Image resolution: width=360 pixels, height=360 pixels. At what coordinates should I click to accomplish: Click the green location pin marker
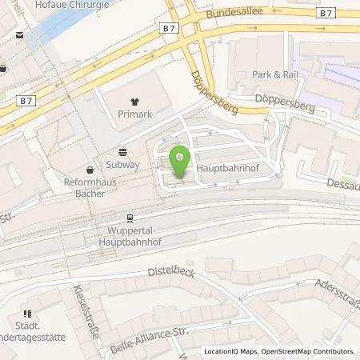point(180,160)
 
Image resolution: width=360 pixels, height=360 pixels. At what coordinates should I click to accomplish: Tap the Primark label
point(134,114)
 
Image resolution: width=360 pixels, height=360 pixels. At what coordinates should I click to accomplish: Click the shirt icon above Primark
point(134,102)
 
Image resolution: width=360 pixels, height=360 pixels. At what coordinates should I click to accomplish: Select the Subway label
point(123,164)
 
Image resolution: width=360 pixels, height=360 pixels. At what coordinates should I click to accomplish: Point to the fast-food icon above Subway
point(123,152)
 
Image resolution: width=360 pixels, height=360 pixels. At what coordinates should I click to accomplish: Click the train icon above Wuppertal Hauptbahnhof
point(129,218)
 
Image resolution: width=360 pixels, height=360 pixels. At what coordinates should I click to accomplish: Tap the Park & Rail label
point(274,74)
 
